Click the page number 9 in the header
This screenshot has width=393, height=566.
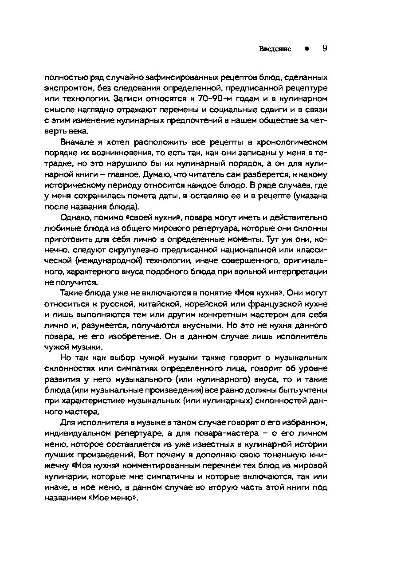pyautogui.click(x=324, y=48)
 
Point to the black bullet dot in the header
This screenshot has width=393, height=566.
pyautogui.click(x=306, y=49)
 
